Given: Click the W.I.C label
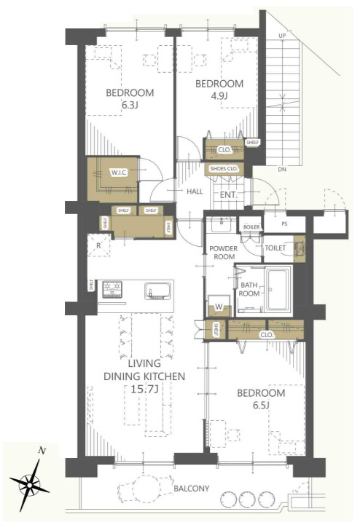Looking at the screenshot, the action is pos(119,173).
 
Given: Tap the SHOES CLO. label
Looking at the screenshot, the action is pos(224,169).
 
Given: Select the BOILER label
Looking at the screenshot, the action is pos(251,227).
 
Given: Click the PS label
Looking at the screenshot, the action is pos(284,224).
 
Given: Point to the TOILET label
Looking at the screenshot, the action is pos(275,248).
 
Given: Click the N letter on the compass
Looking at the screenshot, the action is pos(42,451).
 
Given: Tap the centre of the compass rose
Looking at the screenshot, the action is pos(30,484).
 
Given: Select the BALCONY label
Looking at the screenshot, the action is pos(192,489).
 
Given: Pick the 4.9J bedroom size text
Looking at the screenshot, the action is pos(219,96).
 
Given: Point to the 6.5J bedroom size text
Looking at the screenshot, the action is pos(261,406).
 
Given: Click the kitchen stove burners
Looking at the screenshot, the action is pos(112,290).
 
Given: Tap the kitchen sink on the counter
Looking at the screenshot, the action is pos(157,291).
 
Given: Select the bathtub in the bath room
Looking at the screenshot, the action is pos(278,289).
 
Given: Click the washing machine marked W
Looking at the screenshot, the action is pos(219,307).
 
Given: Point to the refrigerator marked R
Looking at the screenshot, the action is pos(98,245).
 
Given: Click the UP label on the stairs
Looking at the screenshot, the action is pos(282,36).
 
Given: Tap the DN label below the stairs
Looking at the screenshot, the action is pos(282,170).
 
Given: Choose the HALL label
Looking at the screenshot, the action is pos(195,192).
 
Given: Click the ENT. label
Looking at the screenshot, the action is pos(228,195).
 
